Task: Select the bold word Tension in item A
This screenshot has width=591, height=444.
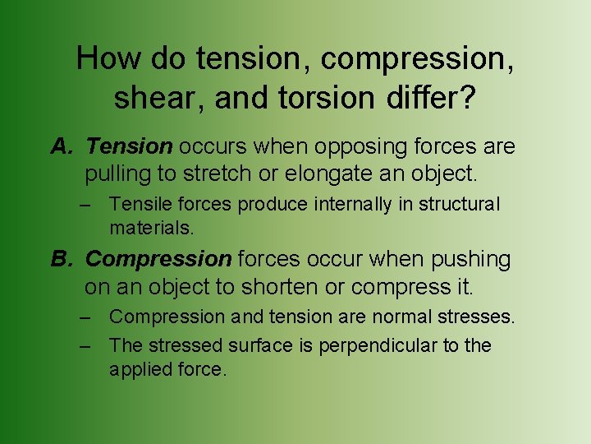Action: pyautogui.click(x=129, y=147)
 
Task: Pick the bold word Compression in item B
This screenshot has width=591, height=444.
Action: pyautogui.click(x=158, y=260)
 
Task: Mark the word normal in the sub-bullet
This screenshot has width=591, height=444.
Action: pyautogui.click(x=392, y=317)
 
